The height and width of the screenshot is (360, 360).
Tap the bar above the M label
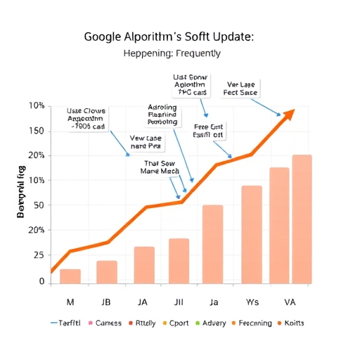click(x=70, y=276)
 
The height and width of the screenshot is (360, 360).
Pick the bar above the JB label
click(x=107, y=271)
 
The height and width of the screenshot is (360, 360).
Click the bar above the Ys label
click(x=252, y=234)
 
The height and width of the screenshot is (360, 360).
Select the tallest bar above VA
click(x=302, y=219)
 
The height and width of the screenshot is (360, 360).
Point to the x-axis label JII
click(x=179, y=304)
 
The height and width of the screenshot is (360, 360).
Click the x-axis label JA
click(x=143, y=304)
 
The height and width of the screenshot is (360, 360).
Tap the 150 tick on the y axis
click(x=36, y=131)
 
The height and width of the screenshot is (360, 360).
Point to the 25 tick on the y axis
click(x=39, y=256)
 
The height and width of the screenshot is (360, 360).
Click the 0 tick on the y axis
click(x=41, y=281)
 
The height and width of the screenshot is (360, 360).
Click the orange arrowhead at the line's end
click(x=288, y=115)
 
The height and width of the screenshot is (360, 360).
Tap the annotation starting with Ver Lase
click(x=240, y=87)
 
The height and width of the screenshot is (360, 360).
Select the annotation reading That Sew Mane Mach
click(x=160, y=166)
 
